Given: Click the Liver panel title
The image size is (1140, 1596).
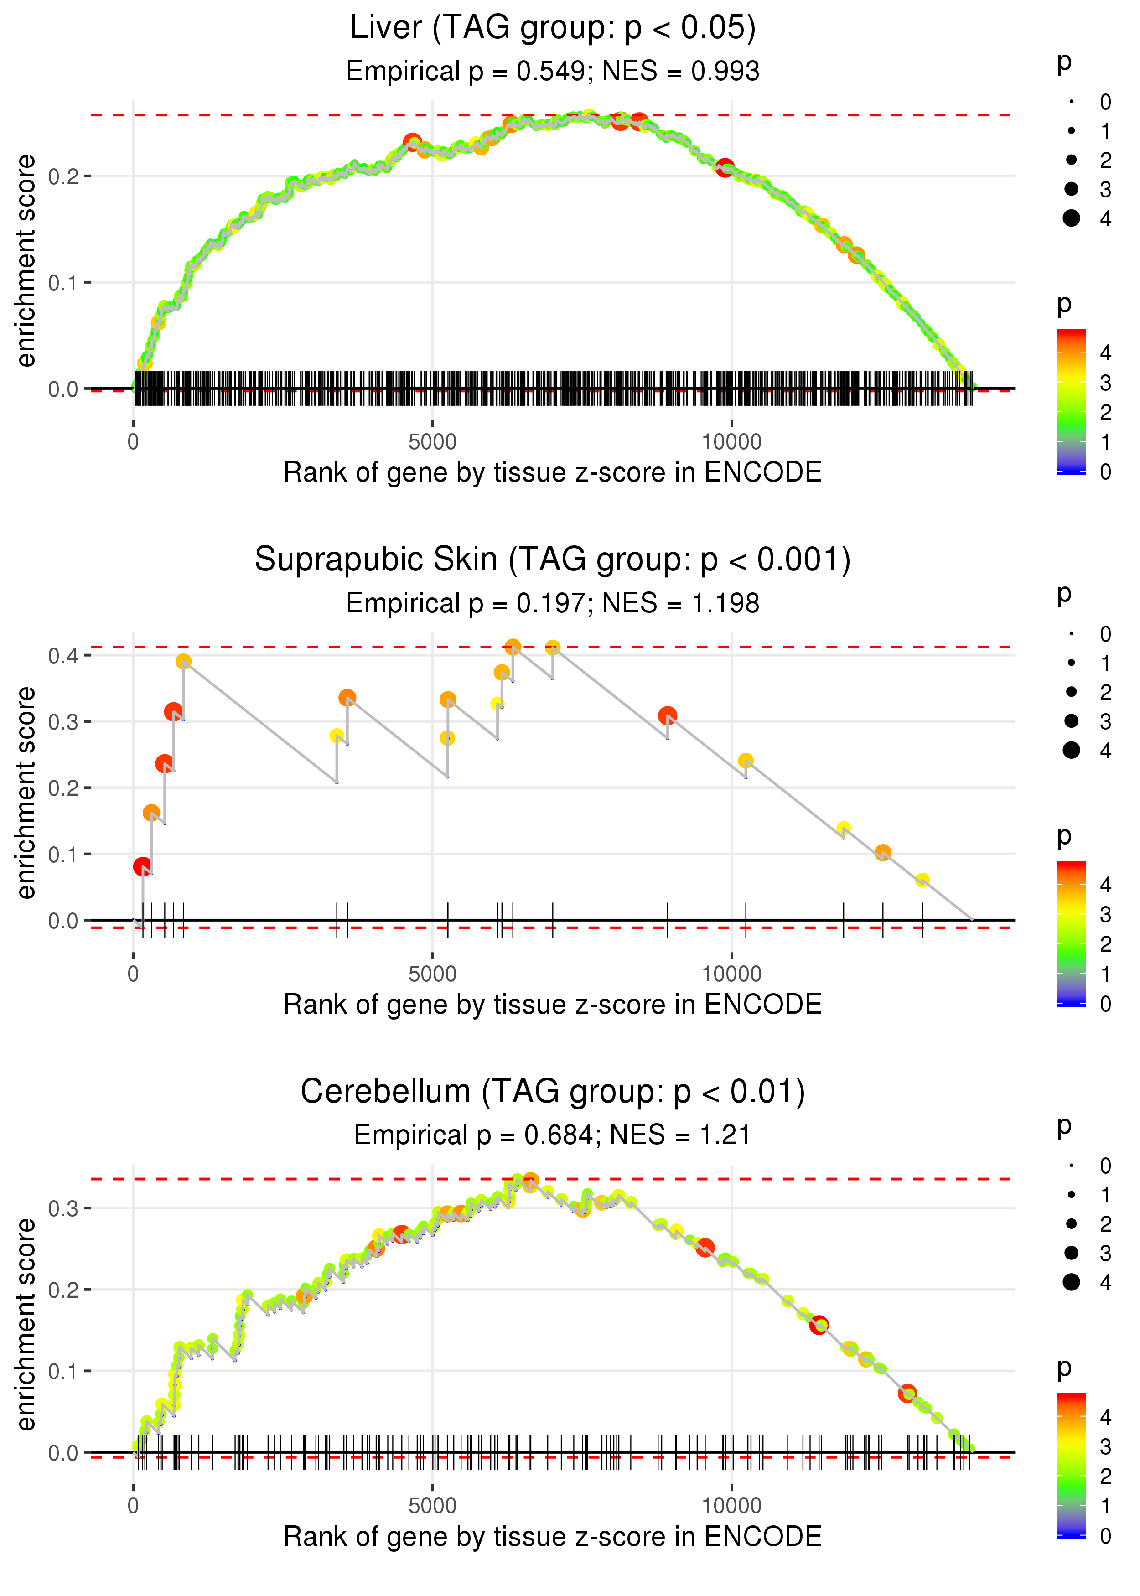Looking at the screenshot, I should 553,28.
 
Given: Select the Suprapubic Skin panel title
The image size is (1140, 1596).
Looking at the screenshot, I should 553,560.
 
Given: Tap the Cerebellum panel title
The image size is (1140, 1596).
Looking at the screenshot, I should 553,1092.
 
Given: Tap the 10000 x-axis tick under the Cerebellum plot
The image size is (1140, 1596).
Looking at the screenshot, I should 731,1505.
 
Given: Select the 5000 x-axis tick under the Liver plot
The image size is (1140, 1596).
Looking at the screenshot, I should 432,442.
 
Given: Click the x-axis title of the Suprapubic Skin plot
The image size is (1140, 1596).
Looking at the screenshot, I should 553,1005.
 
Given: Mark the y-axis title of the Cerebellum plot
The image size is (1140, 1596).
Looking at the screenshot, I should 26,1324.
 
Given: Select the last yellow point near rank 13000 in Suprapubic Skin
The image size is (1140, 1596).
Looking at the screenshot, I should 922,880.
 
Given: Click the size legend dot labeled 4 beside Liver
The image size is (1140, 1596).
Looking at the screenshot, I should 1071,218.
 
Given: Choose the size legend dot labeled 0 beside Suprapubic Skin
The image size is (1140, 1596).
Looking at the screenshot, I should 1071,634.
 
